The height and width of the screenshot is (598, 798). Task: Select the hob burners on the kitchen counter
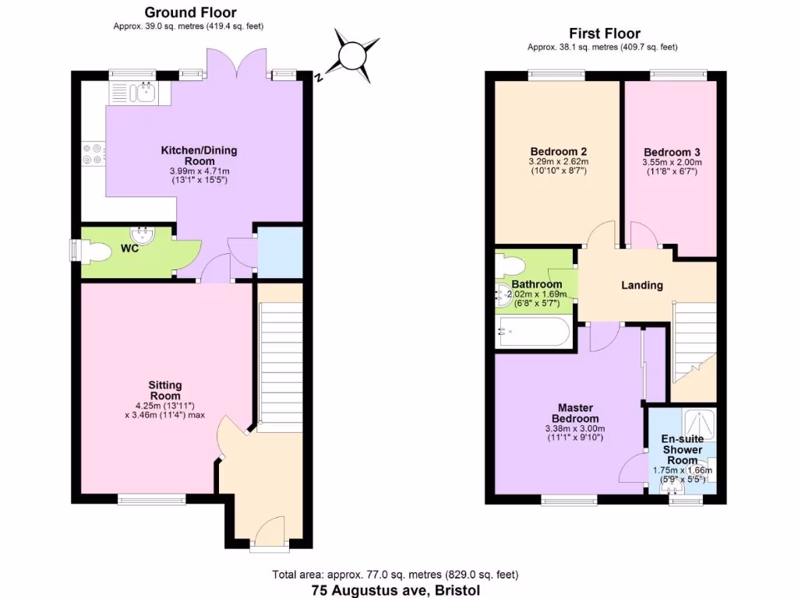click(93, 154)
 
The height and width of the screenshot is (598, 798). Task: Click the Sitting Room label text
click(165, 390)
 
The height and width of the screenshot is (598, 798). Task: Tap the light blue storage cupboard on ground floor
click(280, 252)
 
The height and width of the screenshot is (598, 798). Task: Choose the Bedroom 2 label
click(558, 151)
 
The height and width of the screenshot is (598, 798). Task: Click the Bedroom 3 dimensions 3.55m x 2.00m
click(672, 162)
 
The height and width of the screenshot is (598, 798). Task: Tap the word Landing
click(641, 285)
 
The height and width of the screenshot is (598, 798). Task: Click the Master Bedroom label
click(575, 413)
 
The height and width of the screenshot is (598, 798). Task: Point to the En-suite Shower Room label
click(683, 449)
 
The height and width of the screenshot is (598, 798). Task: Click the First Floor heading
click(604, 33)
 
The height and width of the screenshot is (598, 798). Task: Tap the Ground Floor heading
click(190, 12)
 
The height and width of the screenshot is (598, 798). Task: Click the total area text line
click(395, 575)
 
